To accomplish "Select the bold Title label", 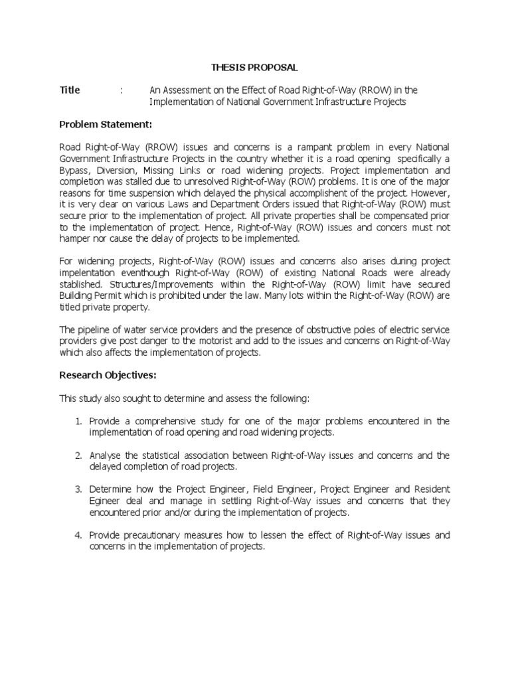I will (70, 90).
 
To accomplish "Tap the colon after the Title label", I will (122, 90).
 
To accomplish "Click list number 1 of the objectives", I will (78, 422).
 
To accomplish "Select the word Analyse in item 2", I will (105, 456).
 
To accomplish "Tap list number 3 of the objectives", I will (78, 489).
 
